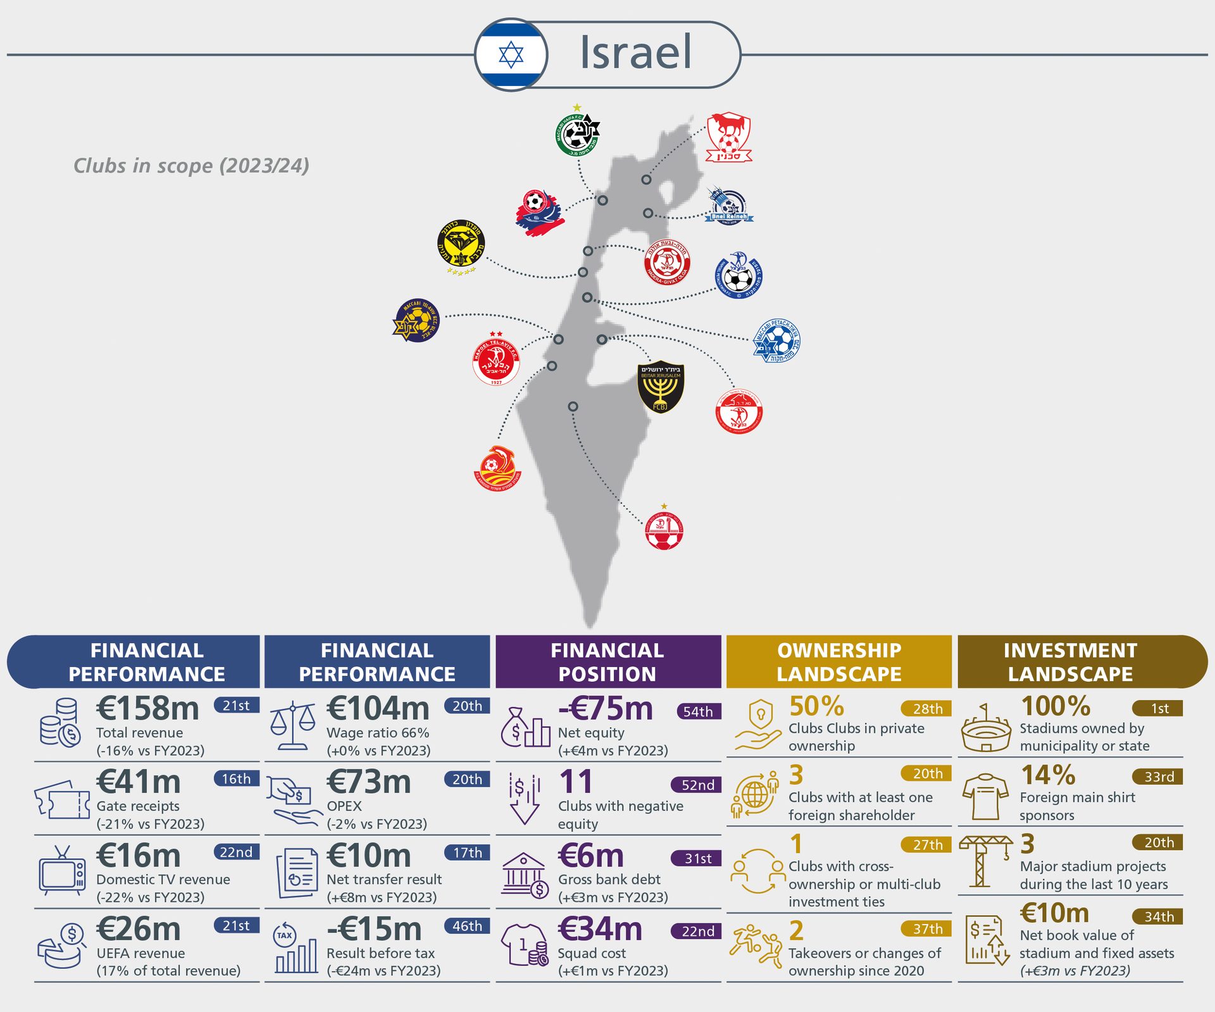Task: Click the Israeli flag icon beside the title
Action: [x=511, y=55]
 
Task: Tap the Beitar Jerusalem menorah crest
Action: [x=661, y=387]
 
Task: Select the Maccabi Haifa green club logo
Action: [x=576, y=134]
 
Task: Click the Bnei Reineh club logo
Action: [x=728, y=206]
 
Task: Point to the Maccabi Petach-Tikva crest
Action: [x=777, y=341]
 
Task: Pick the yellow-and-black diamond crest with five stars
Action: [x=461, y=245]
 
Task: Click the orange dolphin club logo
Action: [x=497, y=469]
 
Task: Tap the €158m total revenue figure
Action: [x=147, y=708]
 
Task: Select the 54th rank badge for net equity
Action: [x=698, y=711]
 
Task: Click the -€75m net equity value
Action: [x=605, y=708]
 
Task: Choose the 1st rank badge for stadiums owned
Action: [x=1158, y=708]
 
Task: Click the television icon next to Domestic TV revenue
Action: [x=61, y=872]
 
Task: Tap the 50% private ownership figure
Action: [x=816, y=706]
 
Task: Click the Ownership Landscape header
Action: [x=838, y=662]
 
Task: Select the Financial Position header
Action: [x=607, y=662]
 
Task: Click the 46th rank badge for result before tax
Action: [x=467, y=926]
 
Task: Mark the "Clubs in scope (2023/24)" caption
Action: [x=191, y=166]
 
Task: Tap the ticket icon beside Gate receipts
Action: [x=62, y=800]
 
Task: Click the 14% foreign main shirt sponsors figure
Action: [x=1048, y=775]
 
